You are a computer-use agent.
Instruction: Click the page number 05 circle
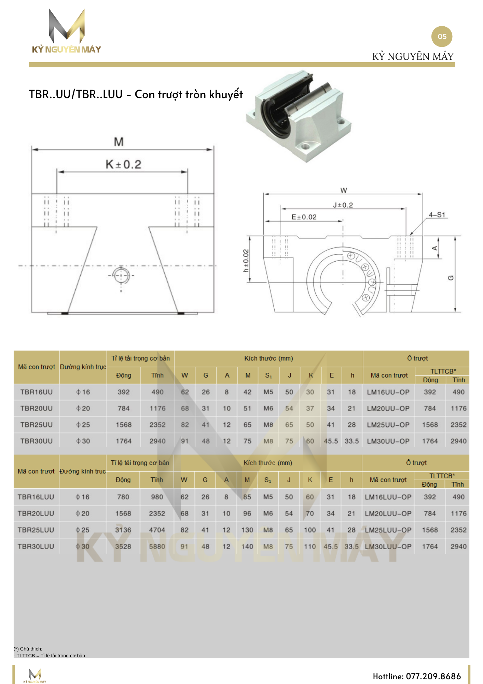(442, 37)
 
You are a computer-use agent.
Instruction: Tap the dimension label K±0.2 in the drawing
(123, 165)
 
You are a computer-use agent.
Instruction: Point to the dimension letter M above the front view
(119, 142)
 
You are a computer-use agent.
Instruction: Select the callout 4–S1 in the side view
(437, 215)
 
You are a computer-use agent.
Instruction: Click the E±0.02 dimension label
(304, 217)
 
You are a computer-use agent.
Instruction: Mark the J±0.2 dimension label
(343, 205)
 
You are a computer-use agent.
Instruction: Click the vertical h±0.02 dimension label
(246, 261)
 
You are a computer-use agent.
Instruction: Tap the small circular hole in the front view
(121, 275)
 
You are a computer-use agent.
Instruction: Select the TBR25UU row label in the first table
(37, 425)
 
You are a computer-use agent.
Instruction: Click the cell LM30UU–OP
(388, 441)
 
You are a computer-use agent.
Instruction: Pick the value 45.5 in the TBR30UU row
(331, 441)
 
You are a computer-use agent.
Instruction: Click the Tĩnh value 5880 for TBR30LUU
(157, 547)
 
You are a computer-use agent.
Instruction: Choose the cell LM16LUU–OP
(388, 497)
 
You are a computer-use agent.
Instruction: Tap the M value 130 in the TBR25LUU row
(247, 530)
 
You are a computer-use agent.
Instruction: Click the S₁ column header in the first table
(268, 376)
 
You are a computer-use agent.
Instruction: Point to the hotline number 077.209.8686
(433, 676)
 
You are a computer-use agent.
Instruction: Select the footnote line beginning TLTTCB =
(50, 656)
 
